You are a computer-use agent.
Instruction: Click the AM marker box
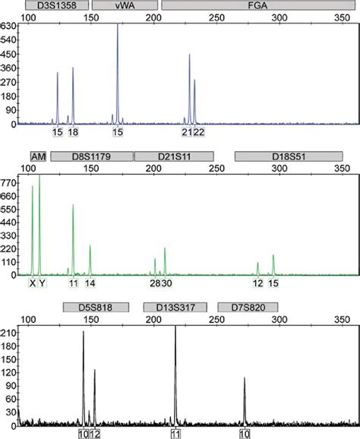coord(38,156)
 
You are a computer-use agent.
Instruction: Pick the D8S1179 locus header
coord(90,156)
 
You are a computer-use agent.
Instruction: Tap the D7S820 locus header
coord(248,307)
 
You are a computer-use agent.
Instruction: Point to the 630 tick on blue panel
coord(10,25)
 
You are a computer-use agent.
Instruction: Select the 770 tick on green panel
coord(10,183)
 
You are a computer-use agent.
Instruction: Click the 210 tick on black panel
coord(10,333)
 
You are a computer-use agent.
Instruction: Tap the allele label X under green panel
coord(33,283)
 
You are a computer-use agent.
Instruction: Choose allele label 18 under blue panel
coord(73,132)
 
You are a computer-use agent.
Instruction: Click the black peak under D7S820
coord(245,380)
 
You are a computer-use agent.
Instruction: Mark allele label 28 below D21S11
coord(155,283)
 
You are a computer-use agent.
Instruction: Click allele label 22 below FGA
coord(199,132)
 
